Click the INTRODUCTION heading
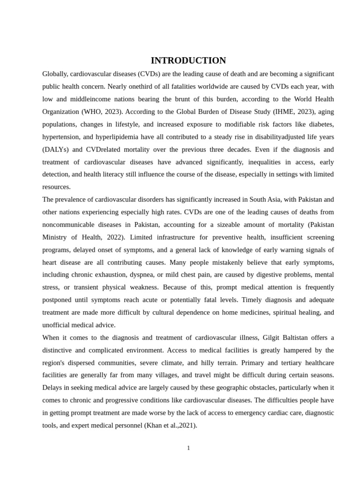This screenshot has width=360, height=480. pos(188,60)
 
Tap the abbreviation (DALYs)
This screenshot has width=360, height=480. pos(56,150)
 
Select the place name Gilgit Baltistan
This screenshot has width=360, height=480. pos(286,337)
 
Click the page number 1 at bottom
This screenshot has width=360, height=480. pos(188,448)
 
